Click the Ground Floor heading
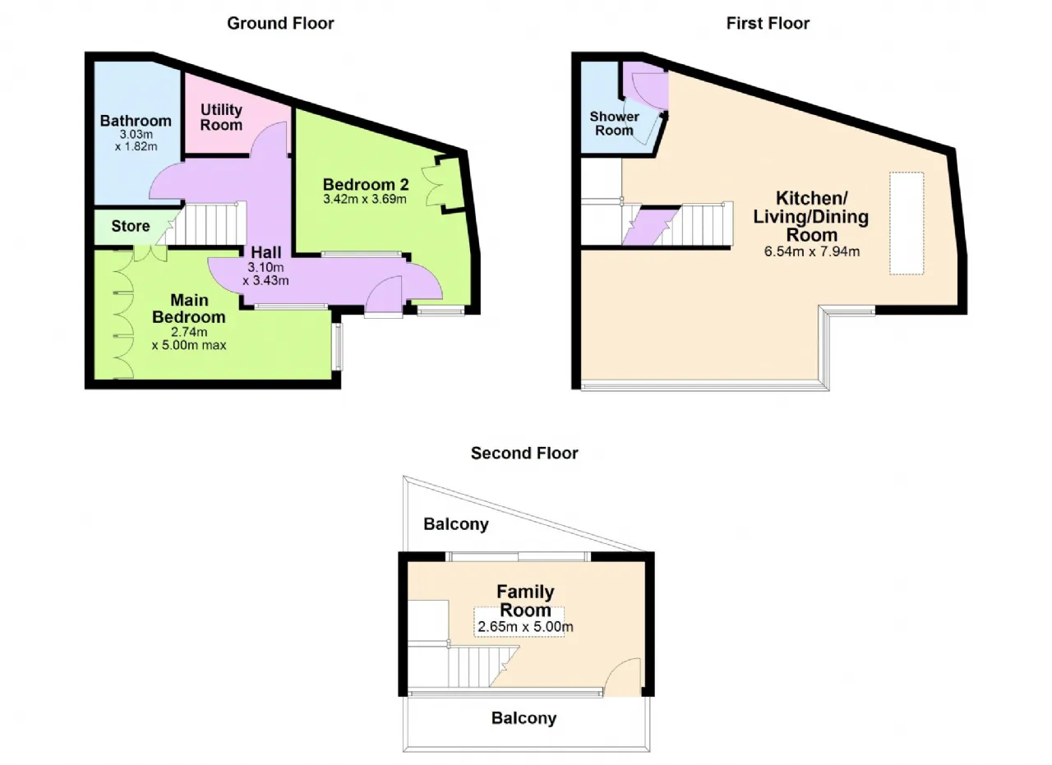point(280,24)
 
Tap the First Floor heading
point(768,24)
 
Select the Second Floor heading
point(524,454)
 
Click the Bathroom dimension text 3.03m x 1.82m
point(136,141)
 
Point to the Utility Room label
point(221,118)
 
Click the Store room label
point(131,226)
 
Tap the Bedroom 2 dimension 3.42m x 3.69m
point(365,199)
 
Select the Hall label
point(265,252)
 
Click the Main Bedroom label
point(189,308)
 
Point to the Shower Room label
point(614,123)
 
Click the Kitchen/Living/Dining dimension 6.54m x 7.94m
point(811,251)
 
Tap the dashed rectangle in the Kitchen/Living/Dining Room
point(907,223)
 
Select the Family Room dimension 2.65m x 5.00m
point(525,626)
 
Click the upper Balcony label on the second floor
point(456,524)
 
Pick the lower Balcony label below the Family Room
point(524,718)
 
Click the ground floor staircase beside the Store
point(202,224)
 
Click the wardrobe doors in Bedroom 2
point(435,187)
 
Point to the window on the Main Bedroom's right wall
point(337,347)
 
